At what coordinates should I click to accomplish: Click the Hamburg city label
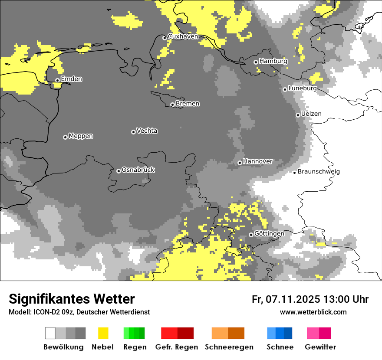tap(273, 61)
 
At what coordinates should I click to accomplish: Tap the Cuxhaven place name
tap(183, 36)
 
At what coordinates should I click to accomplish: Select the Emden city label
tap(71, 79)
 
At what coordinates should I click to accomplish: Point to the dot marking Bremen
tap(172, 105)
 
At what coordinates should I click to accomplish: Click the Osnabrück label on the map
tap(138, 170)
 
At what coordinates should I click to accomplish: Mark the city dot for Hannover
tap(240, 163)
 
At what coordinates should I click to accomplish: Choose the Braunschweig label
tap(319, 171)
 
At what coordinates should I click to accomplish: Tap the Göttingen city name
tap(269, 233)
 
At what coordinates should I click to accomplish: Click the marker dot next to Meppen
tap(65, 137)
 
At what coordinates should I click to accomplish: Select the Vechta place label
tap(147, 131)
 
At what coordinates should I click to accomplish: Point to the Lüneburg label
tap(302, 88)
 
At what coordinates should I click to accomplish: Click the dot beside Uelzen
tap(298, 115)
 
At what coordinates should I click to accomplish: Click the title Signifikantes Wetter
tap(72, 299)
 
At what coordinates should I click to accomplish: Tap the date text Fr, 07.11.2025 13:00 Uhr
tap(310, 299)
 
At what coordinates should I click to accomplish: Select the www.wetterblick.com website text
tap(313, 312)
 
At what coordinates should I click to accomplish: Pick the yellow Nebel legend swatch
tap(103, 333)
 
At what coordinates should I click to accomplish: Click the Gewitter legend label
tap(320, 347)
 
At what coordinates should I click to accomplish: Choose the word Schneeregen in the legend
tap(229, 347)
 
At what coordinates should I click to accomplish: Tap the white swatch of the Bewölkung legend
tap(50, 333)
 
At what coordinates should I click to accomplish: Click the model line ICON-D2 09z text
tap(79, 312)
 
